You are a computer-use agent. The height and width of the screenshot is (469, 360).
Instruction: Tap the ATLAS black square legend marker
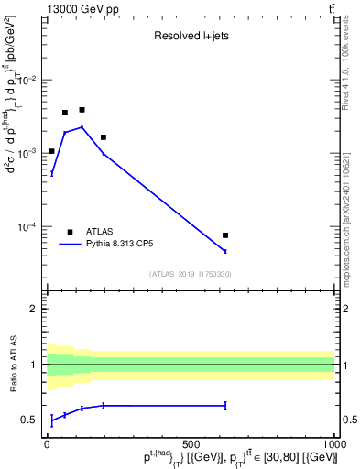[70, 232]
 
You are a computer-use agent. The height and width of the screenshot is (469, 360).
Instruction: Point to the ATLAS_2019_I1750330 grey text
[191, 274]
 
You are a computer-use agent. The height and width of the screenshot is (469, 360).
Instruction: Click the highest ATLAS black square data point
[82, 110]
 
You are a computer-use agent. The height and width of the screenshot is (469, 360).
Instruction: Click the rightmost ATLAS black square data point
[225, 235]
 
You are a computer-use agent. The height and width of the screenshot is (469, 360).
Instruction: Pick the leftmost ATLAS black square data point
[52, 151]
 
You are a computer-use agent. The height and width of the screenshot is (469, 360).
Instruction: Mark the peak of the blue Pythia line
[82, 127]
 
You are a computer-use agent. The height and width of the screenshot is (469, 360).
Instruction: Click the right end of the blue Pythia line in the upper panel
[225, 251]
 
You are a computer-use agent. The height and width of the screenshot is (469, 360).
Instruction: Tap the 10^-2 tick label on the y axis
[29, 81]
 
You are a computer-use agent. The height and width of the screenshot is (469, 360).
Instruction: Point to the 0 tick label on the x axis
[47, 443]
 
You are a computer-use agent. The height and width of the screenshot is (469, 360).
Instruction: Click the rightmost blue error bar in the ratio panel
[225, 405]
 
